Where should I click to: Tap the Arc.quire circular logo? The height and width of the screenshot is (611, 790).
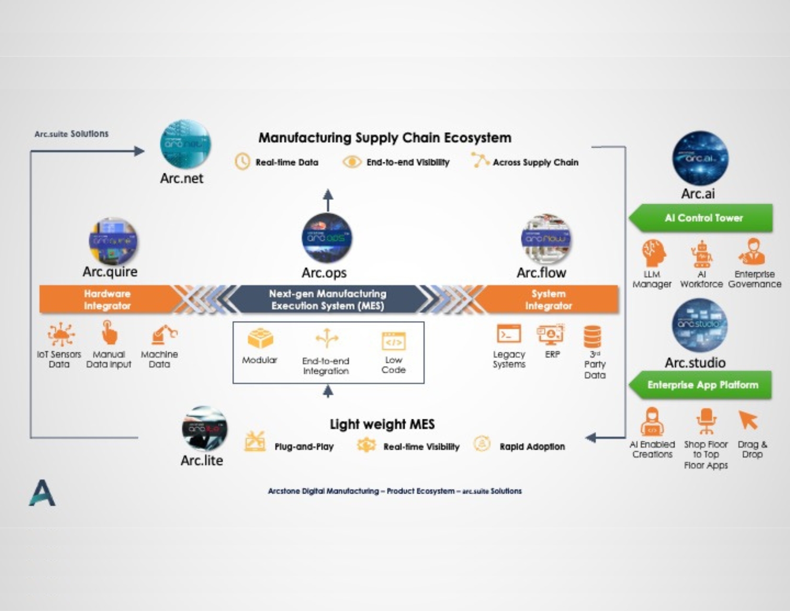point(113,241)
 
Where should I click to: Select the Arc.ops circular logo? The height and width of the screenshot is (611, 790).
point(327,238)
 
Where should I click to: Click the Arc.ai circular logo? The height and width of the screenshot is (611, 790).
point(700,158)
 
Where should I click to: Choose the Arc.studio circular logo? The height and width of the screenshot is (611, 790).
point(699,325)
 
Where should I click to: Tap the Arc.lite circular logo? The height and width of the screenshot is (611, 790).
point(204,428)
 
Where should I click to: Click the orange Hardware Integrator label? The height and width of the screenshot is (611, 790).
point(107,300)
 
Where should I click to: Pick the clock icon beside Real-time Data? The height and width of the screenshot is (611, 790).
point(242,161)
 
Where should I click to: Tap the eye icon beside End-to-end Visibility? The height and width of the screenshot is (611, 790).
point(351,162)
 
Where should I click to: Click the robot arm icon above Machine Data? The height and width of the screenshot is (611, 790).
point(163,334)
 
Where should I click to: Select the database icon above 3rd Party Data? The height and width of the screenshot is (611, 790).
point(592,336)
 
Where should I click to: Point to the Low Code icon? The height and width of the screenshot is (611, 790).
point(394,341)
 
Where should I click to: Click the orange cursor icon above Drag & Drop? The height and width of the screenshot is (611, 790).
point(748,420)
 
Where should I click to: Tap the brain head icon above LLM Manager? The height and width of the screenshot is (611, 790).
point(653,253)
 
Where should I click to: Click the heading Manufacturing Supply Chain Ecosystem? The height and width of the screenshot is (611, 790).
point(385,138)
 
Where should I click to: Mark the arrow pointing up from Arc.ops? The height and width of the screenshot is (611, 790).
point(328,200)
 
